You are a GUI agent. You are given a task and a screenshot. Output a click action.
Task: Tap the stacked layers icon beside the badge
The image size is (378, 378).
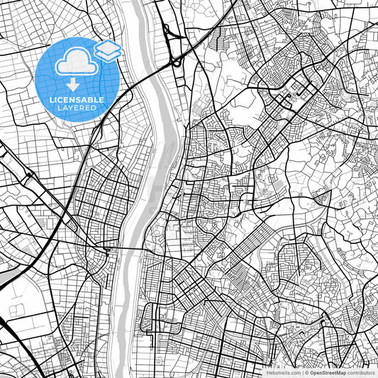pos(108,50)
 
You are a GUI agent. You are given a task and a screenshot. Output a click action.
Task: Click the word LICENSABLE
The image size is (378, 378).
pos(77,99)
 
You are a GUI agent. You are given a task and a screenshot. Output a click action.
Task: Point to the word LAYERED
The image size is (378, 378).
pos(77,109)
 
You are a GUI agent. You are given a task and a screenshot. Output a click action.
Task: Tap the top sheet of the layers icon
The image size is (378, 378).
pos(108,47)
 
